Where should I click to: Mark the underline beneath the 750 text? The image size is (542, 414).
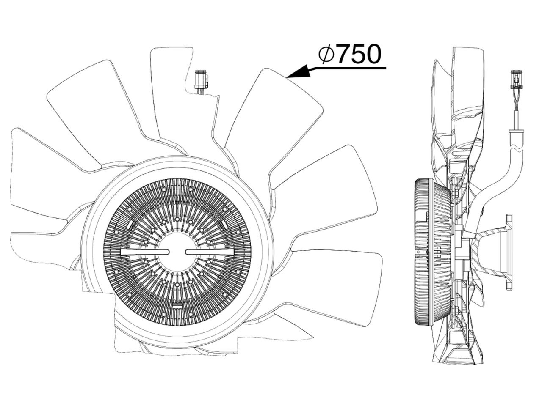click(347, 68)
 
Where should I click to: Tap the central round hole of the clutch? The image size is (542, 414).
click(177, 252)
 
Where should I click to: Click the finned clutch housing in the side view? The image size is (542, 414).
click(432, 252)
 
